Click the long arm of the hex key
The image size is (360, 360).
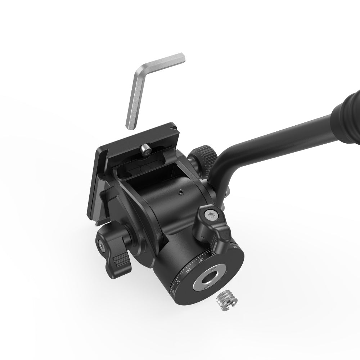136,97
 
